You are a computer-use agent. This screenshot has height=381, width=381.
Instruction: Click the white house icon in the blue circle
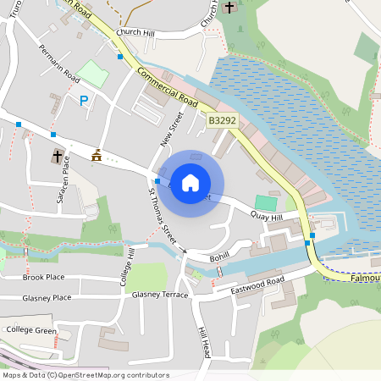[190, 183]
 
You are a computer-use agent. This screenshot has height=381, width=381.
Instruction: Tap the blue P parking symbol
[83, 101]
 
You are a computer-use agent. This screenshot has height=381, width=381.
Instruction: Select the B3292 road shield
[222, 121]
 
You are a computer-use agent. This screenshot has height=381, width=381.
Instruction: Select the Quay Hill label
[265, 216]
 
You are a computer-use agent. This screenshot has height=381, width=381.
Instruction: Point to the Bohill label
[219, 255]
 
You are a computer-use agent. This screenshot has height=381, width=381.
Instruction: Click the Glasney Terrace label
[160, 295]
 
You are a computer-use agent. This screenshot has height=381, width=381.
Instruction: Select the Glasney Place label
[47, 297]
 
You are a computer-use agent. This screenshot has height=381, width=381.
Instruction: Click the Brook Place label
[44, 277]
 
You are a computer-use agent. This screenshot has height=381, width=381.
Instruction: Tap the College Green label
[31, 329]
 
